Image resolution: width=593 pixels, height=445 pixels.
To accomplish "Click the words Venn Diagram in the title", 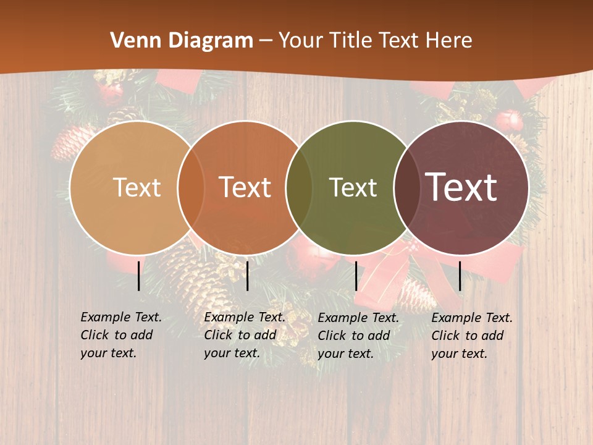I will click(x=181, y=41).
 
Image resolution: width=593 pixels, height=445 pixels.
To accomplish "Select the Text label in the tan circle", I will click(x=137, y=187).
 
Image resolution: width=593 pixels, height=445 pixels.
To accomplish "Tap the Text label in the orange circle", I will click(x=245, y=187).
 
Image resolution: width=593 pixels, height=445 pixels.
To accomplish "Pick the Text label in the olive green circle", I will click(x=353, y=187).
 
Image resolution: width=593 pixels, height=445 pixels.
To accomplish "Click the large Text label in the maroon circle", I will click(x=461, y=187).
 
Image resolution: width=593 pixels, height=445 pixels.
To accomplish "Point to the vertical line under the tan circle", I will click(x=139, y=276).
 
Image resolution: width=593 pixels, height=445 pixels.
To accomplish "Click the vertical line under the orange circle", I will click(x=247, y=276).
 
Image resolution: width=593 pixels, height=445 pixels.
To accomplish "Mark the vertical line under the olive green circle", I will click(x=356, y=276).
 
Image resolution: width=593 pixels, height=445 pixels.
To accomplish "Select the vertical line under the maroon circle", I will click(x=460, y=276).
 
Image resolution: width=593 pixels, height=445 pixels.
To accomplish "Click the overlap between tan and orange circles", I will click(x=191, y=188).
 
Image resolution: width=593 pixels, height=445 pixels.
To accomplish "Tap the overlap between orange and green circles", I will click(x=299, y=188).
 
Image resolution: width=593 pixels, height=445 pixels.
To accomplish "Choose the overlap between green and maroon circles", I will click(x=406, y=188).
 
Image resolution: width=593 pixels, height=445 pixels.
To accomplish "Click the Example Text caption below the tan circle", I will click(x=120, y=335).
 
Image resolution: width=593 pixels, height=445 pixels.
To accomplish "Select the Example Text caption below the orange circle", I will click(x=244, y=335).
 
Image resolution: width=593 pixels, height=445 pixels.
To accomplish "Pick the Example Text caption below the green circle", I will click(x=358, y=336).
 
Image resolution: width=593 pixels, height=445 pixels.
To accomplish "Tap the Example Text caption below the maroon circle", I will click(x=472, y=336).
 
